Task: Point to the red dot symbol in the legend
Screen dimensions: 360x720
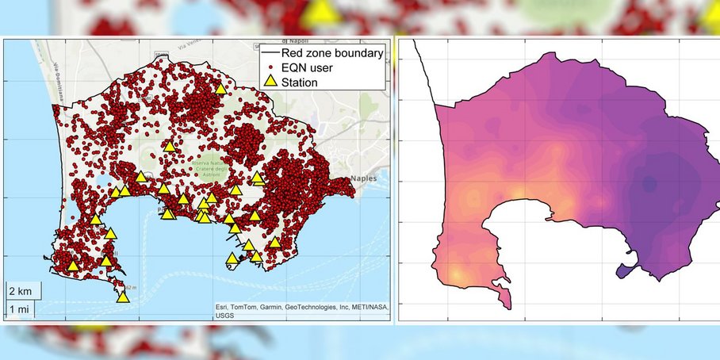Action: click(270, 67)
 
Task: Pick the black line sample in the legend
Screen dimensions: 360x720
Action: click(270, 53)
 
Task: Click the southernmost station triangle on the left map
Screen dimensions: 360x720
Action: click(122, 297)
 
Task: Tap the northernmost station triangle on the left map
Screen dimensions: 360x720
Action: click(220, 90)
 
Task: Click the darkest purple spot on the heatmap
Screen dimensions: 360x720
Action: click(649, 185)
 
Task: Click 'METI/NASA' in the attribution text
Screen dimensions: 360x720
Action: click(370, 308)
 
